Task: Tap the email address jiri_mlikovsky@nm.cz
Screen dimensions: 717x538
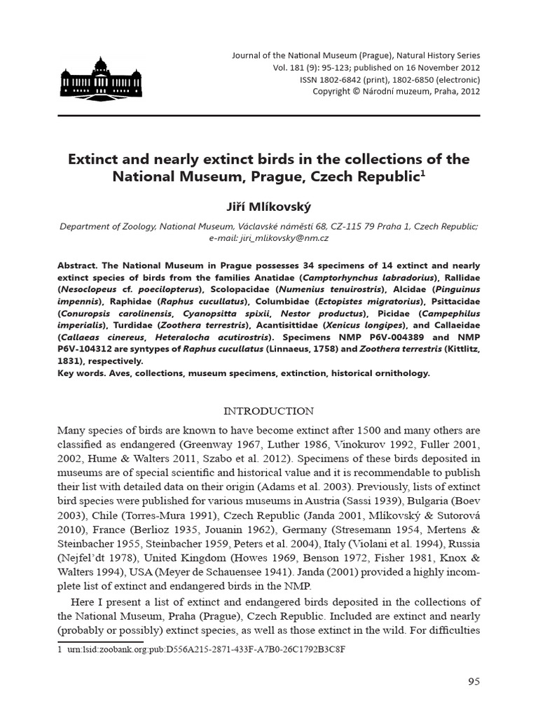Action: click(269, 238)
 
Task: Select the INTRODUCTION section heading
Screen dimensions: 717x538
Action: click(269, 411)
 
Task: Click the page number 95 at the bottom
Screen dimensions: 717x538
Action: click(473, 682)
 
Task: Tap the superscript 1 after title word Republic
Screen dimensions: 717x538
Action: click(422, 171)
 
